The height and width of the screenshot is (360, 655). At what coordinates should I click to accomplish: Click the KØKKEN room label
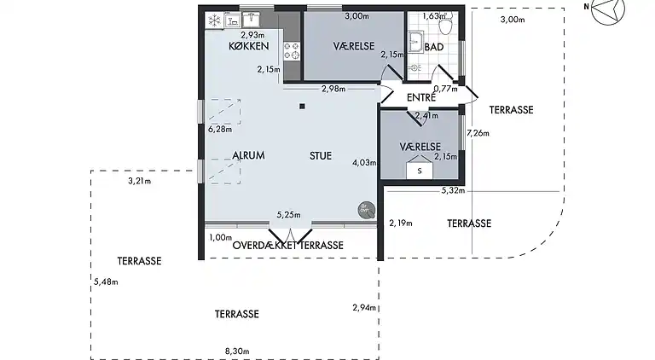[249, 47]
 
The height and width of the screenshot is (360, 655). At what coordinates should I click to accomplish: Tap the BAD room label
[433, 47]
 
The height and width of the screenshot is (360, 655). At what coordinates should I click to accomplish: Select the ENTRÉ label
[421, 98]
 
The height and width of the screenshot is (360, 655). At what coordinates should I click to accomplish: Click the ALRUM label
[249, 155]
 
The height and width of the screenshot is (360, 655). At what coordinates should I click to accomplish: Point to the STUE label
[321, 155]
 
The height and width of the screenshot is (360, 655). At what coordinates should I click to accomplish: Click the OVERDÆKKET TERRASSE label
[287, 245]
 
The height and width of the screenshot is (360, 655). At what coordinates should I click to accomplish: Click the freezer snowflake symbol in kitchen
[214, 17]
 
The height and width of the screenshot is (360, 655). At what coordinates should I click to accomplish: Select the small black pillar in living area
[302, 107]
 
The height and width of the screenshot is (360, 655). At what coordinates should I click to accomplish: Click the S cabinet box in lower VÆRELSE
[419, 171]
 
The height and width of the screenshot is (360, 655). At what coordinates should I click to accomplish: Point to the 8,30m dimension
[237, 351]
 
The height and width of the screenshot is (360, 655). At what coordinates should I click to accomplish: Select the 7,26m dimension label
[478, 133]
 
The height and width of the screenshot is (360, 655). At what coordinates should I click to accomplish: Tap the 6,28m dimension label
[220, 130]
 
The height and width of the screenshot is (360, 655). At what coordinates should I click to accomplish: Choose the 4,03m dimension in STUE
[363, 162]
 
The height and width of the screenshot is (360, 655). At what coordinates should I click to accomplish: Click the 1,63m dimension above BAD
[434, 16]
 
